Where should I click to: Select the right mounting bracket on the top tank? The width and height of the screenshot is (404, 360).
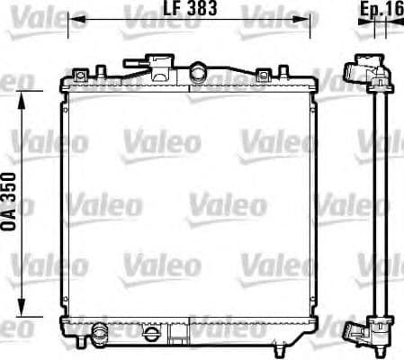coord(265,76)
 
